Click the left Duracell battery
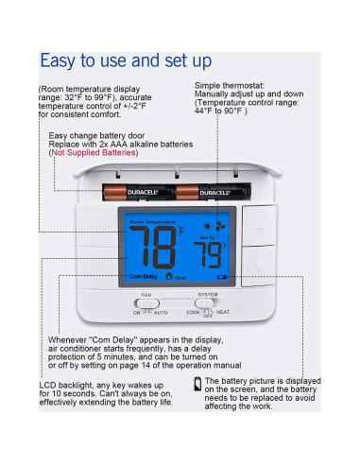[136, 192]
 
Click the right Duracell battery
[207, 192]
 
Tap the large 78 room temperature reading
[154, 250]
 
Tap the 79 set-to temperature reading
[211, 253]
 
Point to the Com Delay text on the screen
[136, 276]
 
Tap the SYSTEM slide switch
[207, 308]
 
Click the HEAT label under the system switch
[223, 311]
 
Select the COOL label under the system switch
[193, 311]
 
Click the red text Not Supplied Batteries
[94, 152]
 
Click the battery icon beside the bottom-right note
[197, 383]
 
